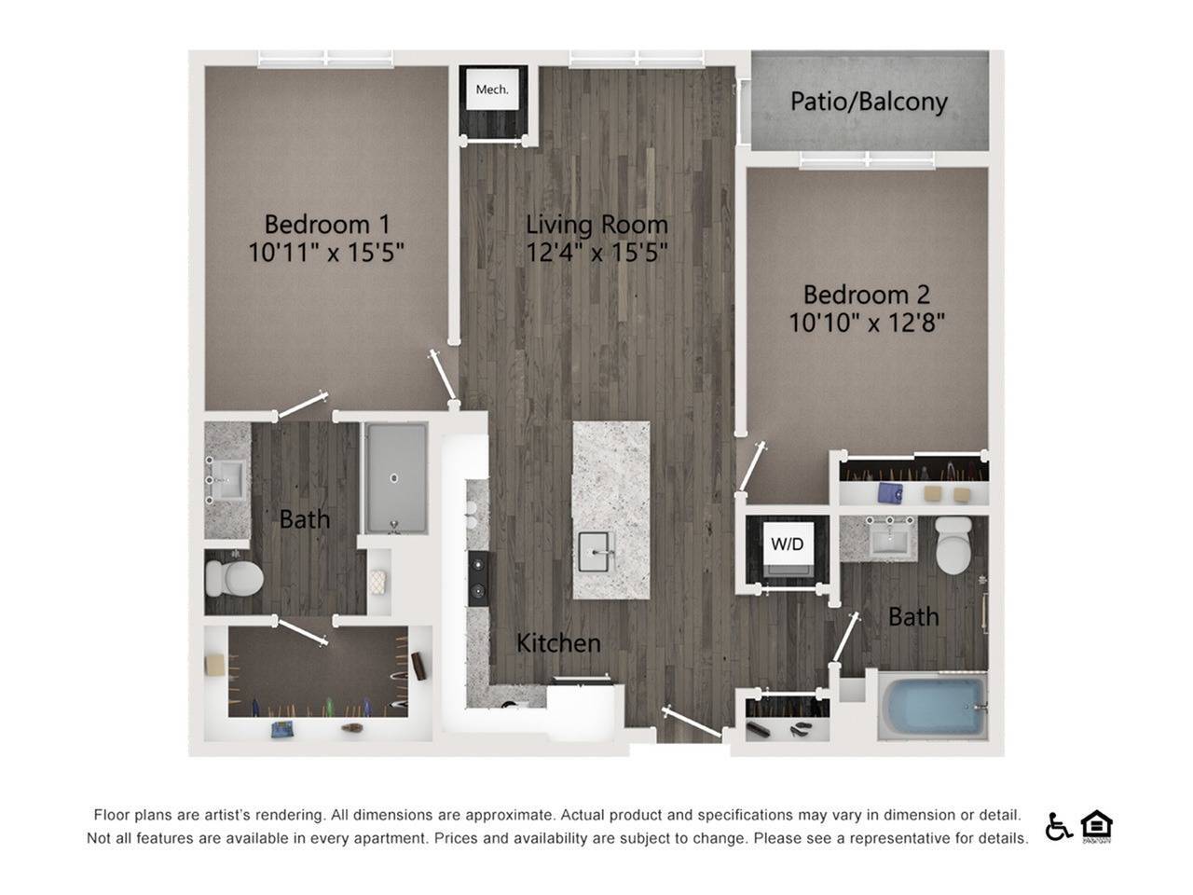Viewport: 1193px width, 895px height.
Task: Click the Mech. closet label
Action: (492, 89)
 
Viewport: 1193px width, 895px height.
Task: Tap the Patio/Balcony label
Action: (869, 101)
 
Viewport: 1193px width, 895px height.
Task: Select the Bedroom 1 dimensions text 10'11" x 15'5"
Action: (326, 252)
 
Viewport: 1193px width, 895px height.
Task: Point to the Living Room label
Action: (596, 224)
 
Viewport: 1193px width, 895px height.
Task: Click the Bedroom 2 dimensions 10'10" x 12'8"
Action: (867, 323)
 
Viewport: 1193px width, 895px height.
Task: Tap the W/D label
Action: (787, 544)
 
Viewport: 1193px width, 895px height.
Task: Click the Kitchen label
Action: (558, 642)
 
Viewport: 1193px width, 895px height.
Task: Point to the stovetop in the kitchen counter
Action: (477, 578)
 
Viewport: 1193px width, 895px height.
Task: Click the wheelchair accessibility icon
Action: (1058, 826)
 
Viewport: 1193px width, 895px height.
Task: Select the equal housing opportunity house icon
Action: (1096, 826)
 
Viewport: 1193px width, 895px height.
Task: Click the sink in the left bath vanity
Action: (226, 481)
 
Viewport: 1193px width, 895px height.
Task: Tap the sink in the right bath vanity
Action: (893, 538)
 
